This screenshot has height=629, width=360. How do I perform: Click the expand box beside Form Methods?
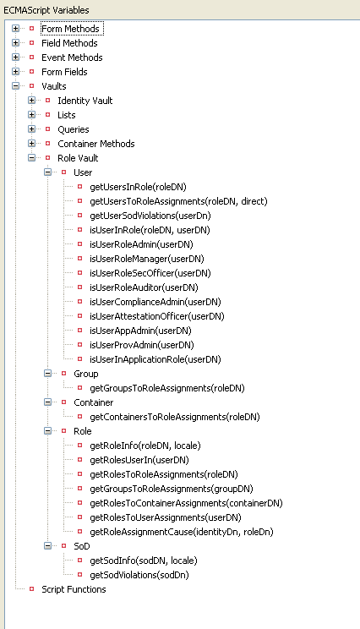pyautogui.click(x=16, y=29)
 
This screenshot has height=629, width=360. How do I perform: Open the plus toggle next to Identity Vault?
pyautogui.click(x=31, y=101)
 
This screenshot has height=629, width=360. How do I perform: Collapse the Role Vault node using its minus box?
pyautogui.click(x=31, y=158)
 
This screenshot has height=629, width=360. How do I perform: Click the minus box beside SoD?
pyautogui.click(x=47, y=546)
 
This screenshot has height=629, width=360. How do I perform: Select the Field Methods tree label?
pyautogui.click(x=69, y=43)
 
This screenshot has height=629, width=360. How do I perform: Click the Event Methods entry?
pyautogui.click(x=72, y=57)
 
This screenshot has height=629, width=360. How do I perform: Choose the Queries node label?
pyautogui.click(x=74, y=129)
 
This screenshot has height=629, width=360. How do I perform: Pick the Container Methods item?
pyautogui.click(x=96, y=144)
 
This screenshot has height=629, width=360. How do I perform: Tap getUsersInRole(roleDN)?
pyautogui.click(x=138, y=187)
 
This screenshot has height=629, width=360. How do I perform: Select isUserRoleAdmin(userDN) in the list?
pyautogui.click(x=141, y=244)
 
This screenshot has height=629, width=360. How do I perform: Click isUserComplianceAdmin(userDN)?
pyautogui.click(x=155, y=302)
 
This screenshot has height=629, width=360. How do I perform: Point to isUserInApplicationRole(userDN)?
pyautogui.click(x=155, y=359)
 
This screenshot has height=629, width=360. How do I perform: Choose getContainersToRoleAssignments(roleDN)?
pyautogui.click(x=175, y=417)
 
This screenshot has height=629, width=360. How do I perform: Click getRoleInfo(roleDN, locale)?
pyautogui.click(x=145, y=446)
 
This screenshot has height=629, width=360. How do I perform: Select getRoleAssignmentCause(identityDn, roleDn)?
pyautogui.click(x=182, y=532)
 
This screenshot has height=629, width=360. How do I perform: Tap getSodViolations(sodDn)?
pyautogui.click(x=139, y=575)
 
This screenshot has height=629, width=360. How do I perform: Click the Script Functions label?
pyautogui.click(x=74, y=589)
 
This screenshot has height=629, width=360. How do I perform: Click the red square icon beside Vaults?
pyautogui.click(x=31, y=86)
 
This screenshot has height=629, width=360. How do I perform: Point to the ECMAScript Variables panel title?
pyautogui.click(x=46, y=10)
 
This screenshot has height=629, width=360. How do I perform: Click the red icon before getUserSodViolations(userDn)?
pyautogui.click(x=79, y=216)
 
